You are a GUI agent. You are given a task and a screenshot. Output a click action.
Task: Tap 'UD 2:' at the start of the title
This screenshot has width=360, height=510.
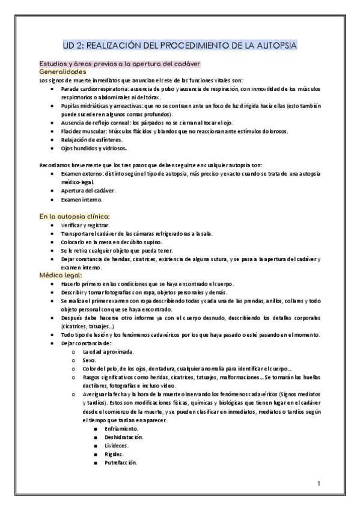(x=75, y=45)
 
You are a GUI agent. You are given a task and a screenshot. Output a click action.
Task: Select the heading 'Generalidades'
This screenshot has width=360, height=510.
(x=64, y=72)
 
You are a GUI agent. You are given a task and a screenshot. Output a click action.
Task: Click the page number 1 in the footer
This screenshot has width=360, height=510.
(x=319, y=483)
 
